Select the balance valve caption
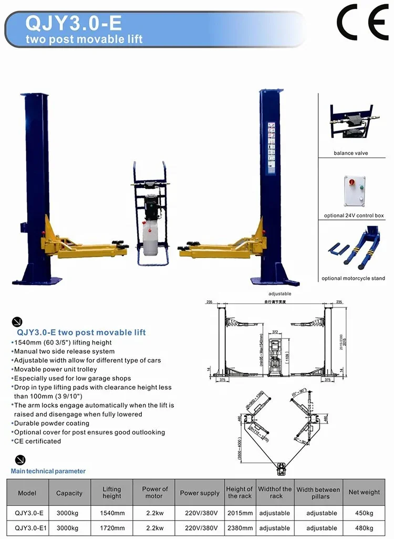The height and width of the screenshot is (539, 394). point(350,153)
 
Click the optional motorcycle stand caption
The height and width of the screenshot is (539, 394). point(354,279)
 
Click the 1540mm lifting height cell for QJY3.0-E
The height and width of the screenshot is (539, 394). point(111,513)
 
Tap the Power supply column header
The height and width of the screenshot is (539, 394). point(200,493)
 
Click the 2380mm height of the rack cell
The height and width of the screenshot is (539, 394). point(240,528)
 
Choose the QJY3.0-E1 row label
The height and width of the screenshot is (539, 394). point(28,528)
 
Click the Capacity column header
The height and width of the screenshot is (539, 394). point(69,493)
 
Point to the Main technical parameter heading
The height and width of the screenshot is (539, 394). point(48,471)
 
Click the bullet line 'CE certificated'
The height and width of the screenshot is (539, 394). point(37,441)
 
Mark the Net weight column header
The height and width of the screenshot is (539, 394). point(364,492)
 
